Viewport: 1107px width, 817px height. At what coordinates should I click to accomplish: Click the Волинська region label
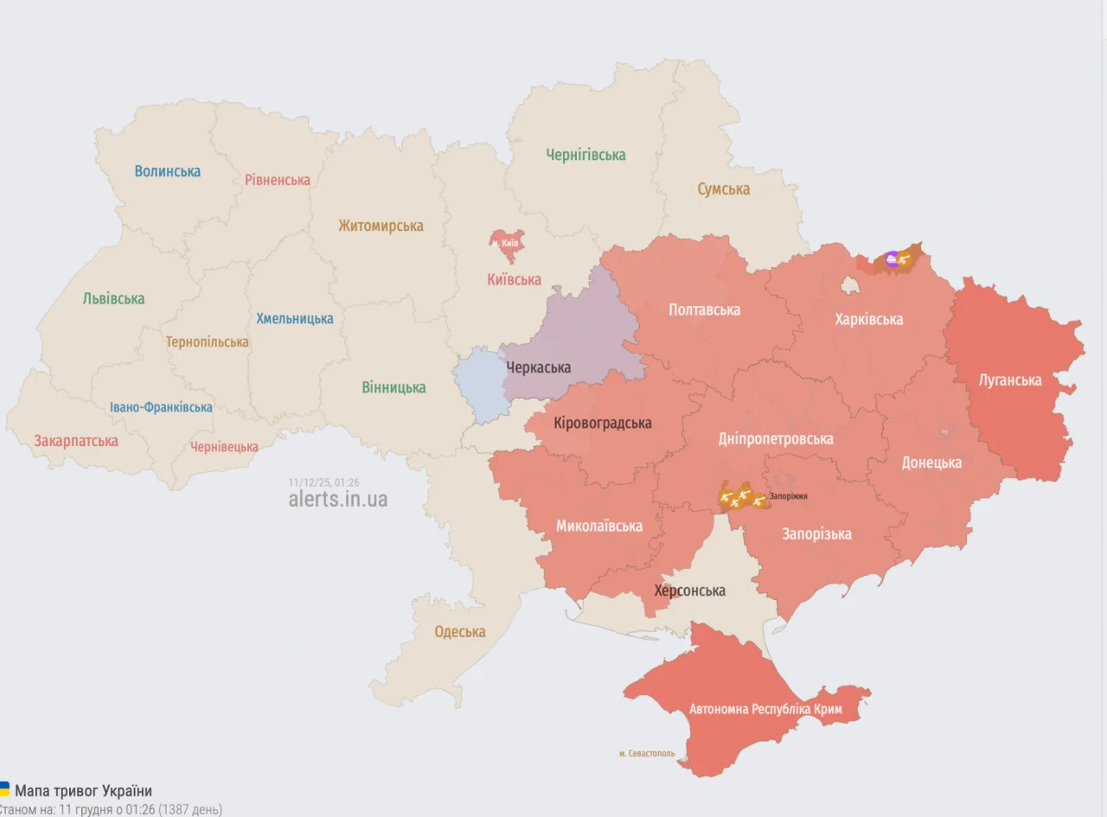(x=167, y=171)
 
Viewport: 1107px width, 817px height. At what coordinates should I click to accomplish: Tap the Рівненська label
(x=277, y=180)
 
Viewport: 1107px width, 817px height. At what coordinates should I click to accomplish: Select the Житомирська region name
(x=381, y=226)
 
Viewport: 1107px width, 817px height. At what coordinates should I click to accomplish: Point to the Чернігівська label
(x=585, y=155)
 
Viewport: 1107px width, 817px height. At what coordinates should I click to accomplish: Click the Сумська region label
(x=723, y=188)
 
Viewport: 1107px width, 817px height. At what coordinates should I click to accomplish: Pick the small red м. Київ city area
(x=507, y=245)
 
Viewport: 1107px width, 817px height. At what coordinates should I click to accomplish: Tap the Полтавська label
(x=704, y=310)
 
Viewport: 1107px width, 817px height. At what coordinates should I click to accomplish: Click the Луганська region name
(x=1009, y=380)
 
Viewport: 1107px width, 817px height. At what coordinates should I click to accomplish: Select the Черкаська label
(x=538, y=367)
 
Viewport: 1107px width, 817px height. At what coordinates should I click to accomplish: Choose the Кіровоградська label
(x=602, y=423)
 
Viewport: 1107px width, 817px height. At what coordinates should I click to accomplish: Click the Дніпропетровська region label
(x=776, y=438)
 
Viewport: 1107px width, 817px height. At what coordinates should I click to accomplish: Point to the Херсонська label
(x=689, y=590)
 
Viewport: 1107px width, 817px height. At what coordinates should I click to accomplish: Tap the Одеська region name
(x=459, y=631)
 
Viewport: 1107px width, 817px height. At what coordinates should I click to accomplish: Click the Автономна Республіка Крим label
(x=765, y=709)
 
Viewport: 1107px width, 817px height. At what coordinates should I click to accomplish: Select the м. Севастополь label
(x=646, y=754)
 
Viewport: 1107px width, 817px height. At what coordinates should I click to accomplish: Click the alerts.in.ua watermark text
(x=337, y=499)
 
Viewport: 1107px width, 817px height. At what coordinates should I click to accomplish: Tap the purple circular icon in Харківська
(x=892, y=257)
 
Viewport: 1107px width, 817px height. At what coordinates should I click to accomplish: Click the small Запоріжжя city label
(x=788, y=496)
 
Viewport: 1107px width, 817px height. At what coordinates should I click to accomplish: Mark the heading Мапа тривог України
(x=83, y=791)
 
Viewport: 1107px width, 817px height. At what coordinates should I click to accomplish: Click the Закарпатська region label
(x=76, y=441)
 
